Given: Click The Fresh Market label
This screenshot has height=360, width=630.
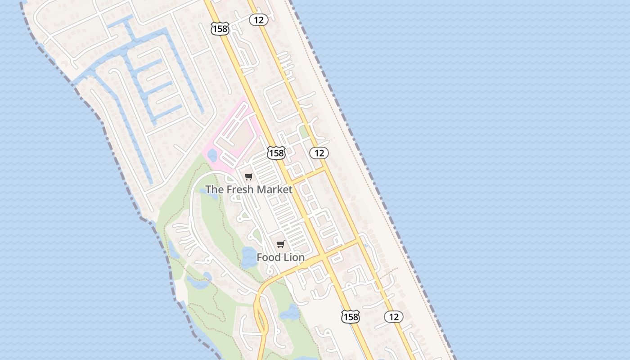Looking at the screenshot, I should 249,189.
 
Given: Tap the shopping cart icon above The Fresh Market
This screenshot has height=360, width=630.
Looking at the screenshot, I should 249,176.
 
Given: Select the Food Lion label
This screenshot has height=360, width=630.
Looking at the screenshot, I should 280,257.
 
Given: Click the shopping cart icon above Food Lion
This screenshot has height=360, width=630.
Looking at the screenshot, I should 281,244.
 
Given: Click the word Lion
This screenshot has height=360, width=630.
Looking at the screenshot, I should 294,257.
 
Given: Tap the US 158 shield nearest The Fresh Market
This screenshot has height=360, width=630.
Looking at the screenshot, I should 276,153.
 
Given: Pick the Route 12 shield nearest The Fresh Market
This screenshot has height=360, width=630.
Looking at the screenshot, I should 319,153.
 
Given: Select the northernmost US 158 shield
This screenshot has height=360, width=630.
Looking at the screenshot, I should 220,29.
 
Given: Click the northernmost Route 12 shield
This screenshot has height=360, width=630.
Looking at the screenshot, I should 259,20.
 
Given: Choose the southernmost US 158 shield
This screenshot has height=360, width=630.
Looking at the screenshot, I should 350,317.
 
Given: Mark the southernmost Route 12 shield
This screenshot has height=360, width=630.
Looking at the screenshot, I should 394,317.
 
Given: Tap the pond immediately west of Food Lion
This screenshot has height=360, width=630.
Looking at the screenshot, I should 248,258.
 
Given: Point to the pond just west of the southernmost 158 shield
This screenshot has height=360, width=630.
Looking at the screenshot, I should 290,311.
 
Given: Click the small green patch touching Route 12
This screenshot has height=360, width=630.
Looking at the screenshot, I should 304,131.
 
